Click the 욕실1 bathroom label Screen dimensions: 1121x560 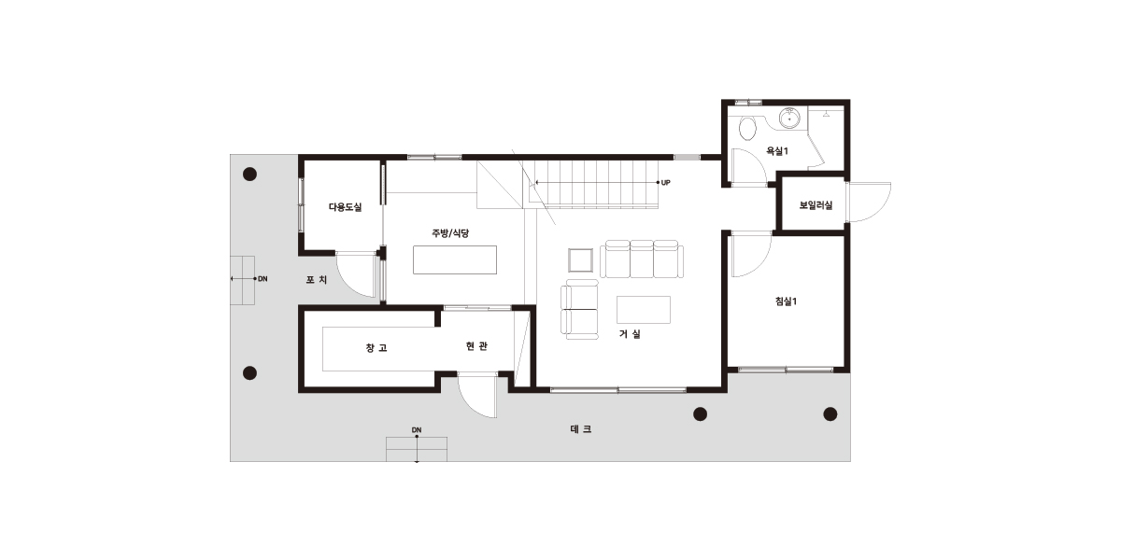coord(777,150)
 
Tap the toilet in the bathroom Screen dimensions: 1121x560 coord(747,129)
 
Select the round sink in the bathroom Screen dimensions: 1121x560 coord(789,118)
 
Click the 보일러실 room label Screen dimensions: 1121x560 coord(816,205)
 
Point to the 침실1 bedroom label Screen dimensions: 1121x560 coord(786,301)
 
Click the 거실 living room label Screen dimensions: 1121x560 coord(630,333)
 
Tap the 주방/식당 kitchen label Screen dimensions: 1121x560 coord(450,233)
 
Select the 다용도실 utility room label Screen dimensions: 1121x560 coord(345,207)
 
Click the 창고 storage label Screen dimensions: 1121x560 coord(376,347)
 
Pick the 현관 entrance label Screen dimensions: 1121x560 coord(476,346)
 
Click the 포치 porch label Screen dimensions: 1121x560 coord(317,279)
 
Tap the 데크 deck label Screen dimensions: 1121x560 coord(580,429)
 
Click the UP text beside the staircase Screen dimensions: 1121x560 coord(665,183)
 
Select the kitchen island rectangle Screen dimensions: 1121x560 coord(455,259)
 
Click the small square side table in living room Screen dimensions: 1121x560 coord(580,260)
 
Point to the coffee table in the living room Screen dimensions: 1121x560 coord(643,310)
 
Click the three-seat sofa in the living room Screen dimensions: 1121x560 coord(642,259)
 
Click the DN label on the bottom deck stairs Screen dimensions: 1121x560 coord(417,430)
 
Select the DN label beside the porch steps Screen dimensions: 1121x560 coord(263,279)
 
